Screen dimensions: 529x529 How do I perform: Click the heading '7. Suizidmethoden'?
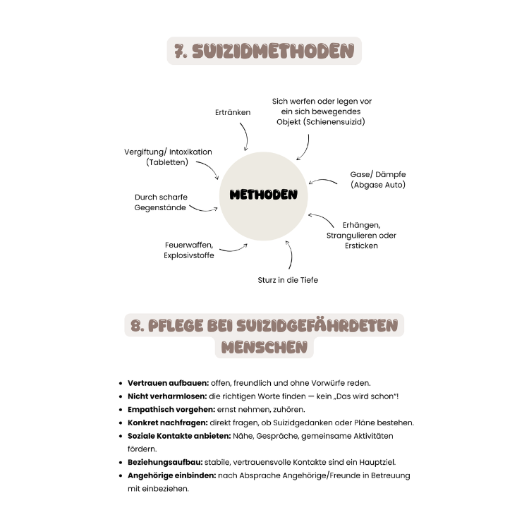pyautogui.click(x=264, y=51)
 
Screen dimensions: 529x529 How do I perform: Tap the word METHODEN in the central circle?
pyautogui.click(x=264, y=195)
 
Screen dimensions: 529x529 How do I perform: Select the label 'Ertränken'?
pyautogui.click(x=233, y=112)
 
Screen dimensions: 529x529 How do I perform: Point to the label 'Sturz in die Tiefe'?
pyautogui.click(x=288, y=280)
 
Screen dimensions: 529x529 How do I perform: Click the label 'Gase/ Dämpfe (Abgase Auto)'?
pyautogui.click(x=378, y=179)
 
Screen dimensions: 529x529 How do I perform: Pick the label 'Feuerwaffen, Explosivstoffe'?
pyautogui.click(x=189, y=250)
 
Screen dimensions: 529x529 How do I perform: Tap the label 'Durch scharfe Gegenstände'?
pyautogui.click(x=161, y=202)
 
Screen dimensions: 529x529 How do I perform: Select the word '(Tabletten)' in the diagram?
pyautogui.click(x=168, y=162)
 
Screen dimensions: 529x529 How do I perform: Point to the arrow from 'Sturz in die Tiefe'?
pyautogui.click(x=289, y=255)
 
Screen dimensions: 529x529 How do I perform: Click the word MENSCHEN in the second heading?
pyautogui.click(x=264, y=347)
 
